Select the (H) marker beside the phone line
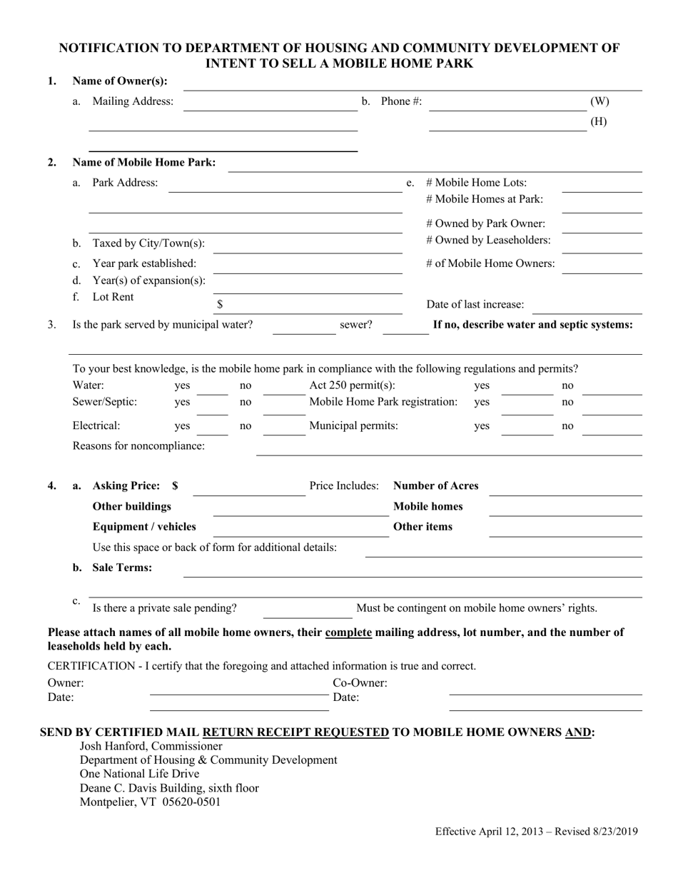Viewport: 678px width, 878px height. pyautogui.click(x=599, y=121)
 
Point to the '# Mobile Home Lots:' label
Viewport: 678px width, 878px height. pyautogui.click(x=476, y=183)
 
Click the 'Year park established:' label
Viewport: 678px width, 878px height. pyautogui.click(x=144, y=263)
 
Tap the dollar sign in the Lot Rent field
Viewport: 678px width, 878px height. pyautogui.click(x=220, y=304)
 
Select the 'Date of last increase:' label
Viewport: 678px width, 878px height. pyautogui.click(x=475, y=304)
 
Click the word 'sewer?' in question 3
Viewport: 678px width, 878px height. pyautogui.click(x=355, y=325)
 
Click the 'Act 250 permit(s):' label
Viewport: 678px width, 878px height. pyautogui.click(x=352, y=385)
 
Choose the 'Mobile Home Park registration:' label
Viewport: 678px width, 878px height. pyautogui.click(x=383, y=402)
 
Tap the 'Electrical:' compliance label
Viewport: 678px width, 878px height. pyautogui.click(x=96, y=426)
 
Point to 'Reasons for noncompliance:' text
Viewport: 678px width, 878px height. pyautogui.click(x=138, y=446)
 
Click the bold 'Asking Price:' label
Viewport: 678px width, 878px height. pyautogui.click(x=126, y=486)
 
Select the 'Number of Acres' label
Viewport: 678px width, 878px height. pyautogui.click(x=436, y=486)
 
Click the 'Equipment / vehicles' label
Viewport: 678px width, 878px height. pyautogui.click(x=144, y=527)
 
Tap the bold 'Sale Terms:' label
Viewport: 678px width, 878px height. pyautogui.click(x=122, y=567)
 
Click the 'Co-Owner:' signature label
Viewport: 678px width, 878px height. pyautogui.click(x=360, y=683)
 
